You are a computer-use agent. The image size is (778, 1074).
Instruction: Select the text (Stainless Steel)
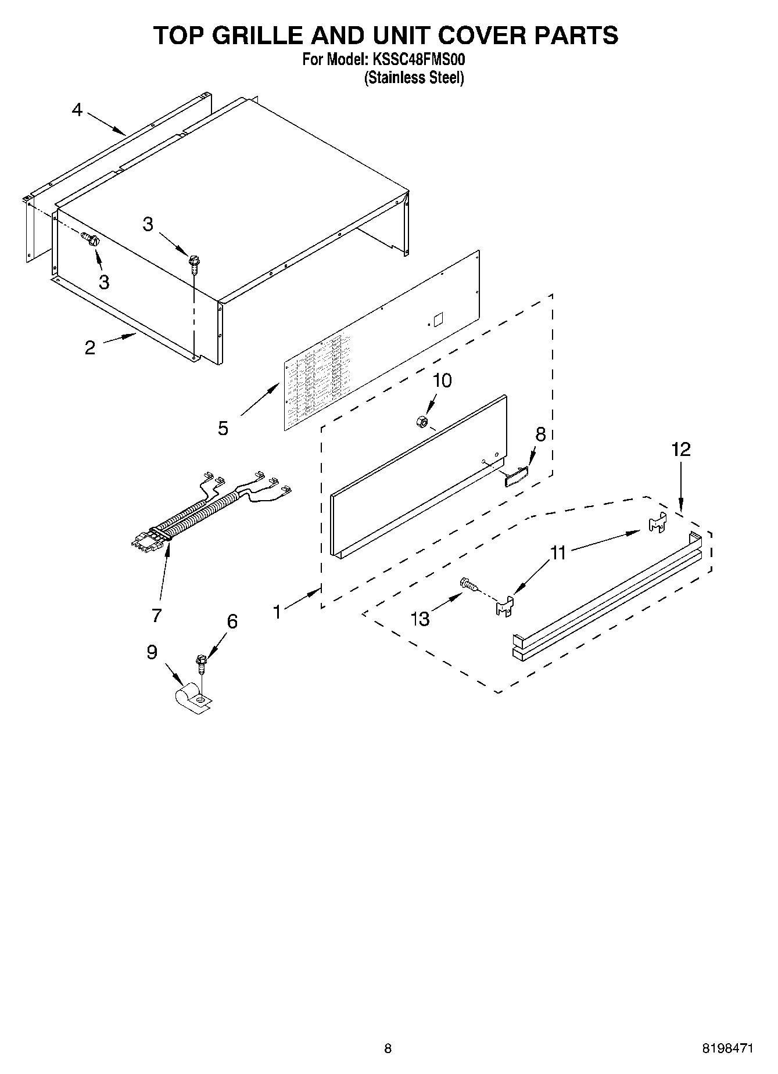[x=414, y=78]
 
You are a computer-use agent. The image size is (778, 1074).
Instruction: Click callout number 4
[x=77, y=110]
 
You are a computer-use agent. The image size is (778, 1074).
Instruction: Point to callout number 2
[x=89, y=348]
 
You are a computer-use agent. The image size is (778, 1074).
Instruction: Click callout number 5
[x=223, y=429]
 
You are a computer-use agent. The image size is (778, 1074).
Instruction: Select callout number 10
[x=442, y=381]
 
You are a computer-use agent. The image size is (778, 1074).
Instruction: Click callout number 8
[x=540, y=434]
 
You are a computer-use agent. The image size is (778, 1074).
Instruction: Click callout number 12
[x=682, y=449]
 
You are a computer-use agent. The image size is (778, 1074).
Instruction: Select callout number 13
[x=420, y=619]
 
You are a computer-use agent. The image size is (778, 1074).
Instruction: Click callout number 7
[x=156, y=616]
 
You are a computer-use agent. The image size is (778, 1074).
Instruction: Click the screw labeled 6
[x=202, y=663]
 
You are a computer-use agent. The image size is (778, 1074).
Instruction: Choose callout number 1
[x=277, y=612]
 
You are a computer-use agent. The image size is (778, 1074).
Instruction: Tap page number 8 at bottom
[x=388, y=1049]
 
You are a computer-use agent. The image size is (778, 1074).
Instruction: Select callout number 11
[x=558, y=552]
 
